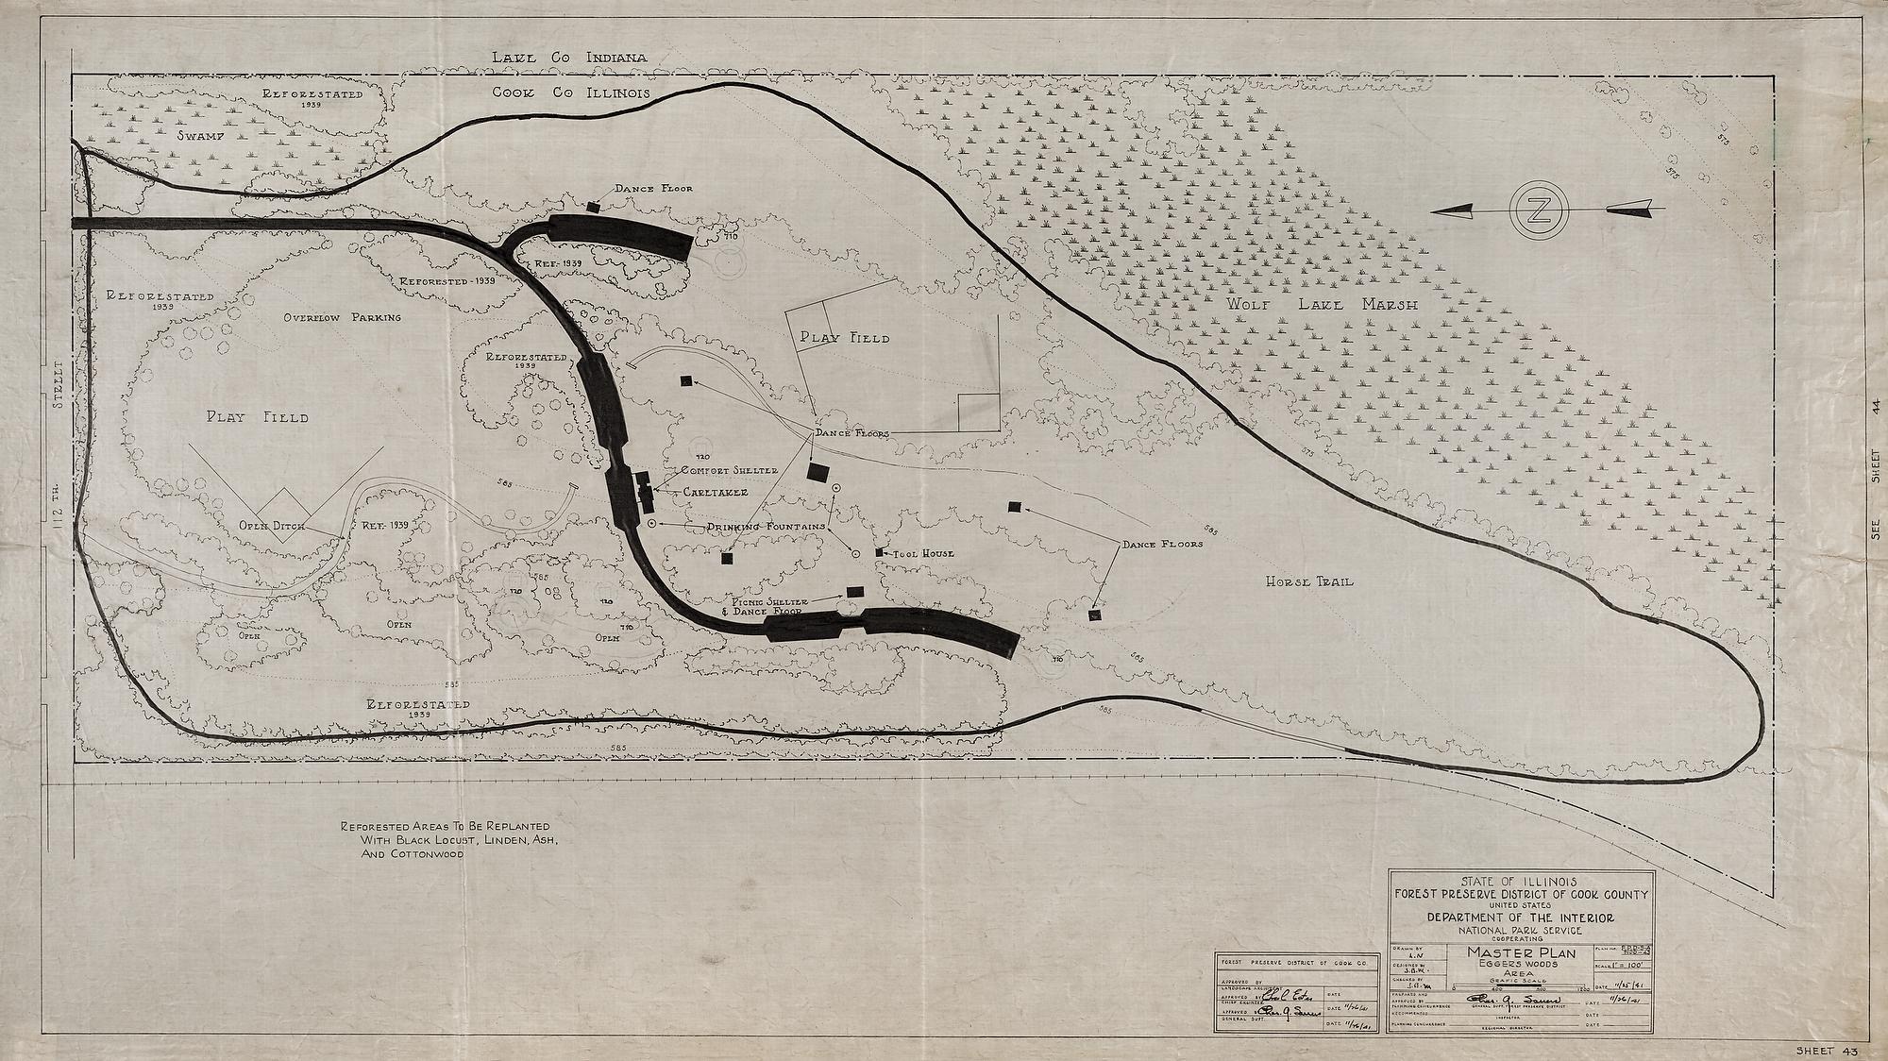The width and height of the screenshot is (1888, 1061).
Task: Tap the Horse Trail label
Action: pyautogui.click(x=1309, y=581)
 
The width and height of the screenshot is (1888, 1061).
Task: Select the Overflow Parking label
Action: pyautogui.click(x=343, y=317)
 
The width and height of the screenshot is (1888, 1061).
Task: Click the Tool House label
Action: pyautogui.click(x=925, y=553)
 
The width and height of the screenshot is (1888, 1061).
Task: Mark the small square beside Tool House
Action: pyautogui.click(x=880, y=552)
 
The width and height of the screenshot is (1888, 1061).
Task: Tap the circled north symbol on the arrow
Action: pyautogui.click(x=1538, y=210)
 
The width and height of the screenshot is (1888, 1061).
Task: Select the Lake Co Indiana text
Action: pyautogui.click(x=569, y=58)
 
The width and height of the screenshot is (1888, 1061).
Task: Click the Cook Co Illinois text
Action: pyautogui.click(x=570, y=93)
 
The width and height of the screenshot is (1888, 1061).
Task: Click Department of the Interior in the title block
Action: pyautogui.click(x=1520, y=917)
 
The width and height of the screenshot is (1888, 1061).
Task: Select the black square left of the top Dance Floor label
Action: pyautogui.click(x=593, y=206)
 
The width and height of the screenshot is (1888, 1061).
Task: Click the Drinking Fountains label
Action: pyautogui.click(x=768, y=526)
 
